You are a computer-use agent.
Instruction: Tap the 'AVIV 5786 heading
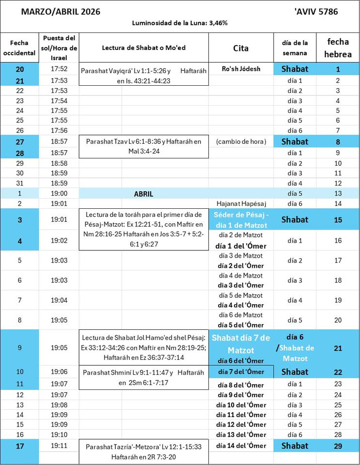pos(316,12)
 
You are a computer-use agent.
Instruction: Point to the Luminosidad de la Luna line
pos(180,23)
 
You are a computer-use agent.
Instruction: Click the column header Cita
pos(241,48)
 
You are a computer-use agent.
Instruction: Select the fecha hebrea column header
pos(338,48)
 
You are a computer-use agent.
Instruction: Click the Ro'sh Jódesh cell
pos(241,69)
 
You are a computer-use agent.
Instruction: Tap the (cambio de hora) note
pos(241,141)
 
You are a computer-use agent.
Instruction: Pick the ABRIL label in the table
pos(143,194)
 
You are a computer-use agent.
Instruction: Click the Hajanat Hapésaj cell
pos(241,203)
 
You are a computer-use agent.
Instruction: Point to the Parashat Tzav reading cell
pos(143,147)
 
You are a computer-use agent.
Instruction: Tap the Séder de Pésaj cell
pos(241,220)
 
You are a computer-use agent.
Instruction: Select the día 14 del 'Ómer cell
pos(241,446)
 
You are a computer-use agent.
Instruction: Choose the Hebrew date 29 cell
pos(338,446)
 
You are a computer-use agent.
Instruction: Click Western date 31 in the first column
pos(20,183)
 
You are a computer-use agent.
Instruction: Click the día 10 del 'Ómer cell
pos(241,405)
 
